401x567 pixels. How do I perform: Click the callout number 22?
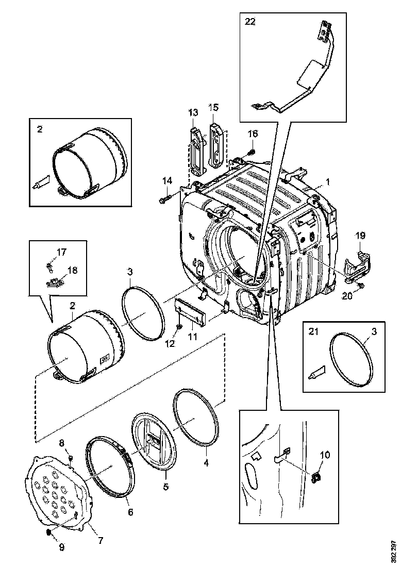click(250, 22)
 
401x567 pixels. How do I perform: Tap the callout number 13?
click(193, 112)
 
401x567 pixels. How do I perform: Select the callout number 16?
click(253, 134)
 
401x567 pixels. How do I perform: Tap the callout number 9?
click(61, 547)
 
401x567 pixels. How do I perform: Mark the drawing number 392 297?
click(394, 551)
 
